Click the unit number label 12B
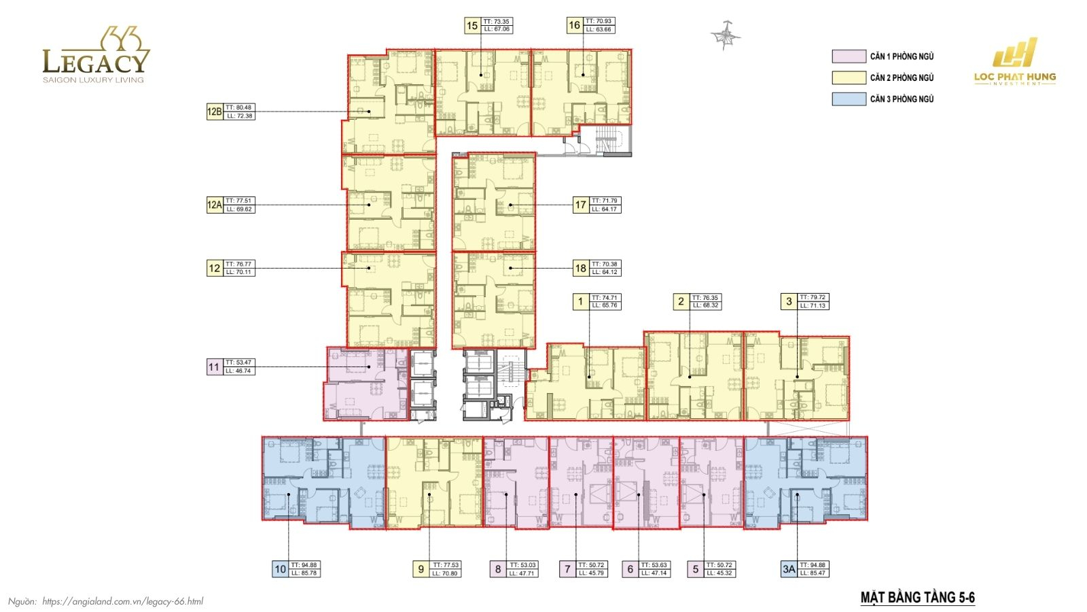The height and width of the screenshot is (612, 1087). (x=214, y=112)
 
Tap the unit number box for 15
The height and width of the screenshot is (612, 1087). (x=472, y=26)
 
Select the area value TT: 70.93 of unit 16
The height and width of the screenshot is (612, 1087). (x=599, y=22)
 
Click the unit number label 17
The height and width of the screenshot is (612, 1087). (x=580, y=205)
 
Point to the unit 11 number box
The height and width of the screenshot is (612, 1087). (x=214, y=367)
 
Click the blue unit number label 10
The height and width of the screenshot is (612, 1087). (x=280, y=569)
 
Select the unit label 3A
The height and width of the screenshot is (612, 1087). (x=788, y=569)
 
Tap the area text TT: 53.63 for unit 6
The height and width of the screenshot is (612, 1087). (x=655, y=565)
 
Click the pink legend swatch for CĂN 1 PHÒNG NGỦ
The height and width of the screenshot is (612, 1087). (x=849, y=56)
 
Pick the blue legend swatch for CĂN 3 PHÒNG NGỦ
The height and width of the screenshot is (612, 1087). (x=849, y=99)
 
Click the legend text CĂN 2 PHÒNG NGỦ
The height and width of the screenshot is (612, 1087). (x=902, y=78)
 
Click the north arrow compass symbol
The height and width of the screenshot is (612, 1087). (x=725, y=37)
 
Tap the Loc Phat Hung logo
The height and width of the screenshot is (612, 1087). (x=1015, y=62)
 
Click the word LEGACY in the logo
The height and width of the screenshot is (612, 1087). (x=95, y=63)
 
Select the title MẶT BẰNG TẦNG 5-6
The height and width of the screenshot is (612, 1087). (x=917, y=598)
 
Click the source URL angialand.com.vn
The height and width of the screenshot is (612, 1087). (x=122, y=602)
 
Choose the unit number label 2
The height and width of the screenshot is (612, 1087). (x=681, y=301)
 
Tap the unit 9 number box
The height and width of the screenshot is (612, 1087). (x=421, y=569)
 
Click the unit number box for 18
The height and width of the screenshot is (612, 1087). (x=580, y=268)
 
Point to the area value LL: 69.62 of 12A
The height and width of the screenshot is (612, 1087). (x=240, y=209)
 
